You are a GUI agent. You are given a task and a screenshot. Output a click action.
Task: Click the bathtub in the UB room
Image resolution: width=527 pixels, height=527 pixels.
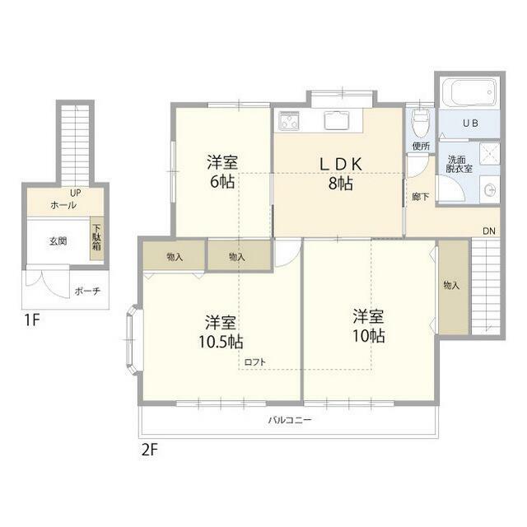click(469, 92)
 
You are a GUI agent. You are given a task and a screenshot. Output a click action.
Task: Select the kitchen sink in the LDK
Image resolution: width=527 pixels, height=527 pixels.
click(337, 120)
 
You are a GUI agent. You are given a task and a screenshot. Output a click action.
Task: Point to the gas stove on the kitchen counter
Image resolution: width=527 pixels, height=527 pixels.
click(289, 120)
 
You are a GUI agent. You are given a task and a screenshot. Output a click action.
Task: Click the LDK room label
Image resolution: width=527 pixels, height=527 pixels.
click(340, 164)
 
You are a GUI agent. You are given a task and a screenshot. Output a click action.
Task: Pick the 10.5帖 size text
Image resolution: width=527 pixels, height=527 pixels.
click(221, 343)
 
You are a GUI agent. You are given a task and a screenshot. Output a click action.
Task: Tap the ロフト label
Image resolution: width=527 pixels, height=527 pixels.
click(254, 362)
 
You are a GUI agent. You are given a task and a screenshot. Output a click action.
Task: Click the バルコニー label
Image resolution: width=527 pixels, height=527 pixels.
click(290, 420)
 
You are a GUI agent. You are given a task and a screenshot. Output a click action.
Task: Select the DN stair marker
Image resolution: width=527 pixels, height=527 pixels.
click(489, 231)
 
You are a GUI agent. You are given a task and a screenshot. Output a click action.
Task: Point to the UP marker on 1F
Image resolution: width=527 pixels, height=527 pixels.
click(76, 193)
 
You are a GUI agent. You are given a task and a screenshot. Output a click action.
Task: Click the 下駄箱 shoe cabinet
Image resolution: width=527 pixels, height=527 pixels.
click(96, 238)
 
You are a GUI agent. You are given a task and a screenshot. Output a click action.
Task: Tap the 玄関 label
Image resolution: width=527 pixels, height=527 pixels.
click(58, 241)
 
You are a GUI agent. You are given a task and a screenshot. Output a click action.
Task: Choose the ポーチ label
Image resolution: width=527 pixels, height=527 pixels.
click(87, 291)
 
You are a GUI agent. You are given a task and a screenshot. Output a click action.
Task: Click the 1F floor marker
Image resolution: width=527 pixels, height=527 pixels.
click(32, 319)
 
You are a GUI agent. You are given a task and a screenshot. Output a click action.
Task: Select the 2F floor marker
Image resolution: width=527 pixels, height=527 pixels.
click(150, 450)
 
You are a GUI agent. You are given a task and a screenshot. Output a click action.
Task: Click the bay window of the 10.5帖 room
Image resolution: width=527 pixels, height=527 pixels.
click(133, 339)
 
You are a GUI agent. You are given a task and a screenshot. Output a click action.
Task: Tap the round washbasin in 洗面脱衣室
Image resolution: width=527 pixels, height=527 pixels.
click(490, 190)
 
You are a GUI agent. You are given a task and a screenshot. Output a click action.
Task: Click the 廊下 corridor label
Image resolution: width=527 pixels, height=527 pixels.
click(421, 197)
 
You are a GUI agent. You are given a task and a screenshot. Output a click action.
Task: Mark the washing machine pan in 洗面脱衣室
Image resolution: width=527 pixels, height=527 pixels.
click(490, 154)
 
